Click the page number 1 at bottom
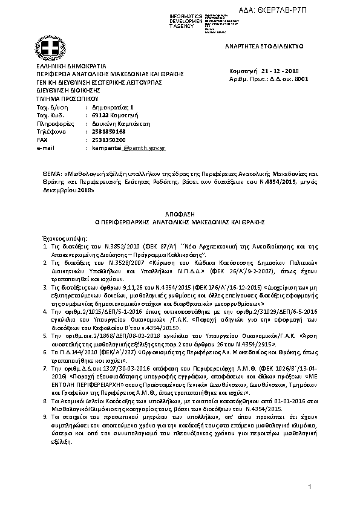tap(309, 487)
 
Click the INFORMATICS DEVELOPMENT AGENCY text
tap(185, 18)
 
